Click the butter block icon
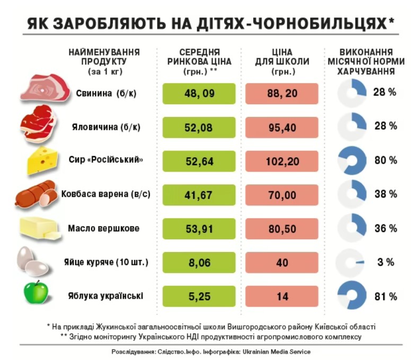[x=40, y=228]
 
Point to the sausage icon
[x=37, y=194]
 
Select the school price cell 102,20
[x=282, y=161]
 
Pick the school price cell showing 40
[x=282, y=263]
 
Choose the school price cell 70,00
[x=282, y=195]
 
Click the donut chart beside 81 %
[x=352, y=296]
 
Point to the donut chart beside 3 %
[x=352, y=262]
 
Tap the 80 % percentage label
[x=385, y=160]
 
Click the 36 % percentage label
[x=385, y=228]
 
